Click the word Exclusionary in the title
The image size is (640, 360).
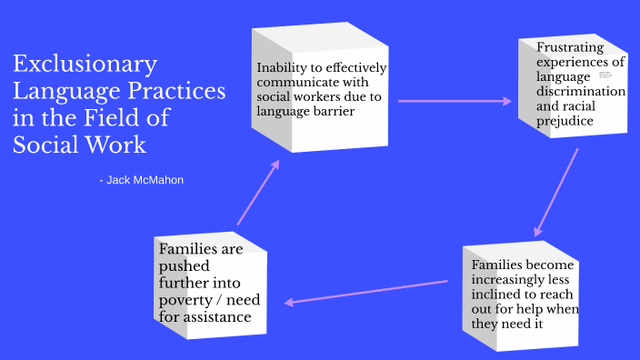tap(85, 65)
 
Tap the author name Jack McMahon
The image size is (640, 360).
tap(145, 180)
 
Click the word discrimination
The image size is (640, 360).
tap(581, 92)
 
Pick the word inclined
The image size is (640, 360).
tap(496, 295)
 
